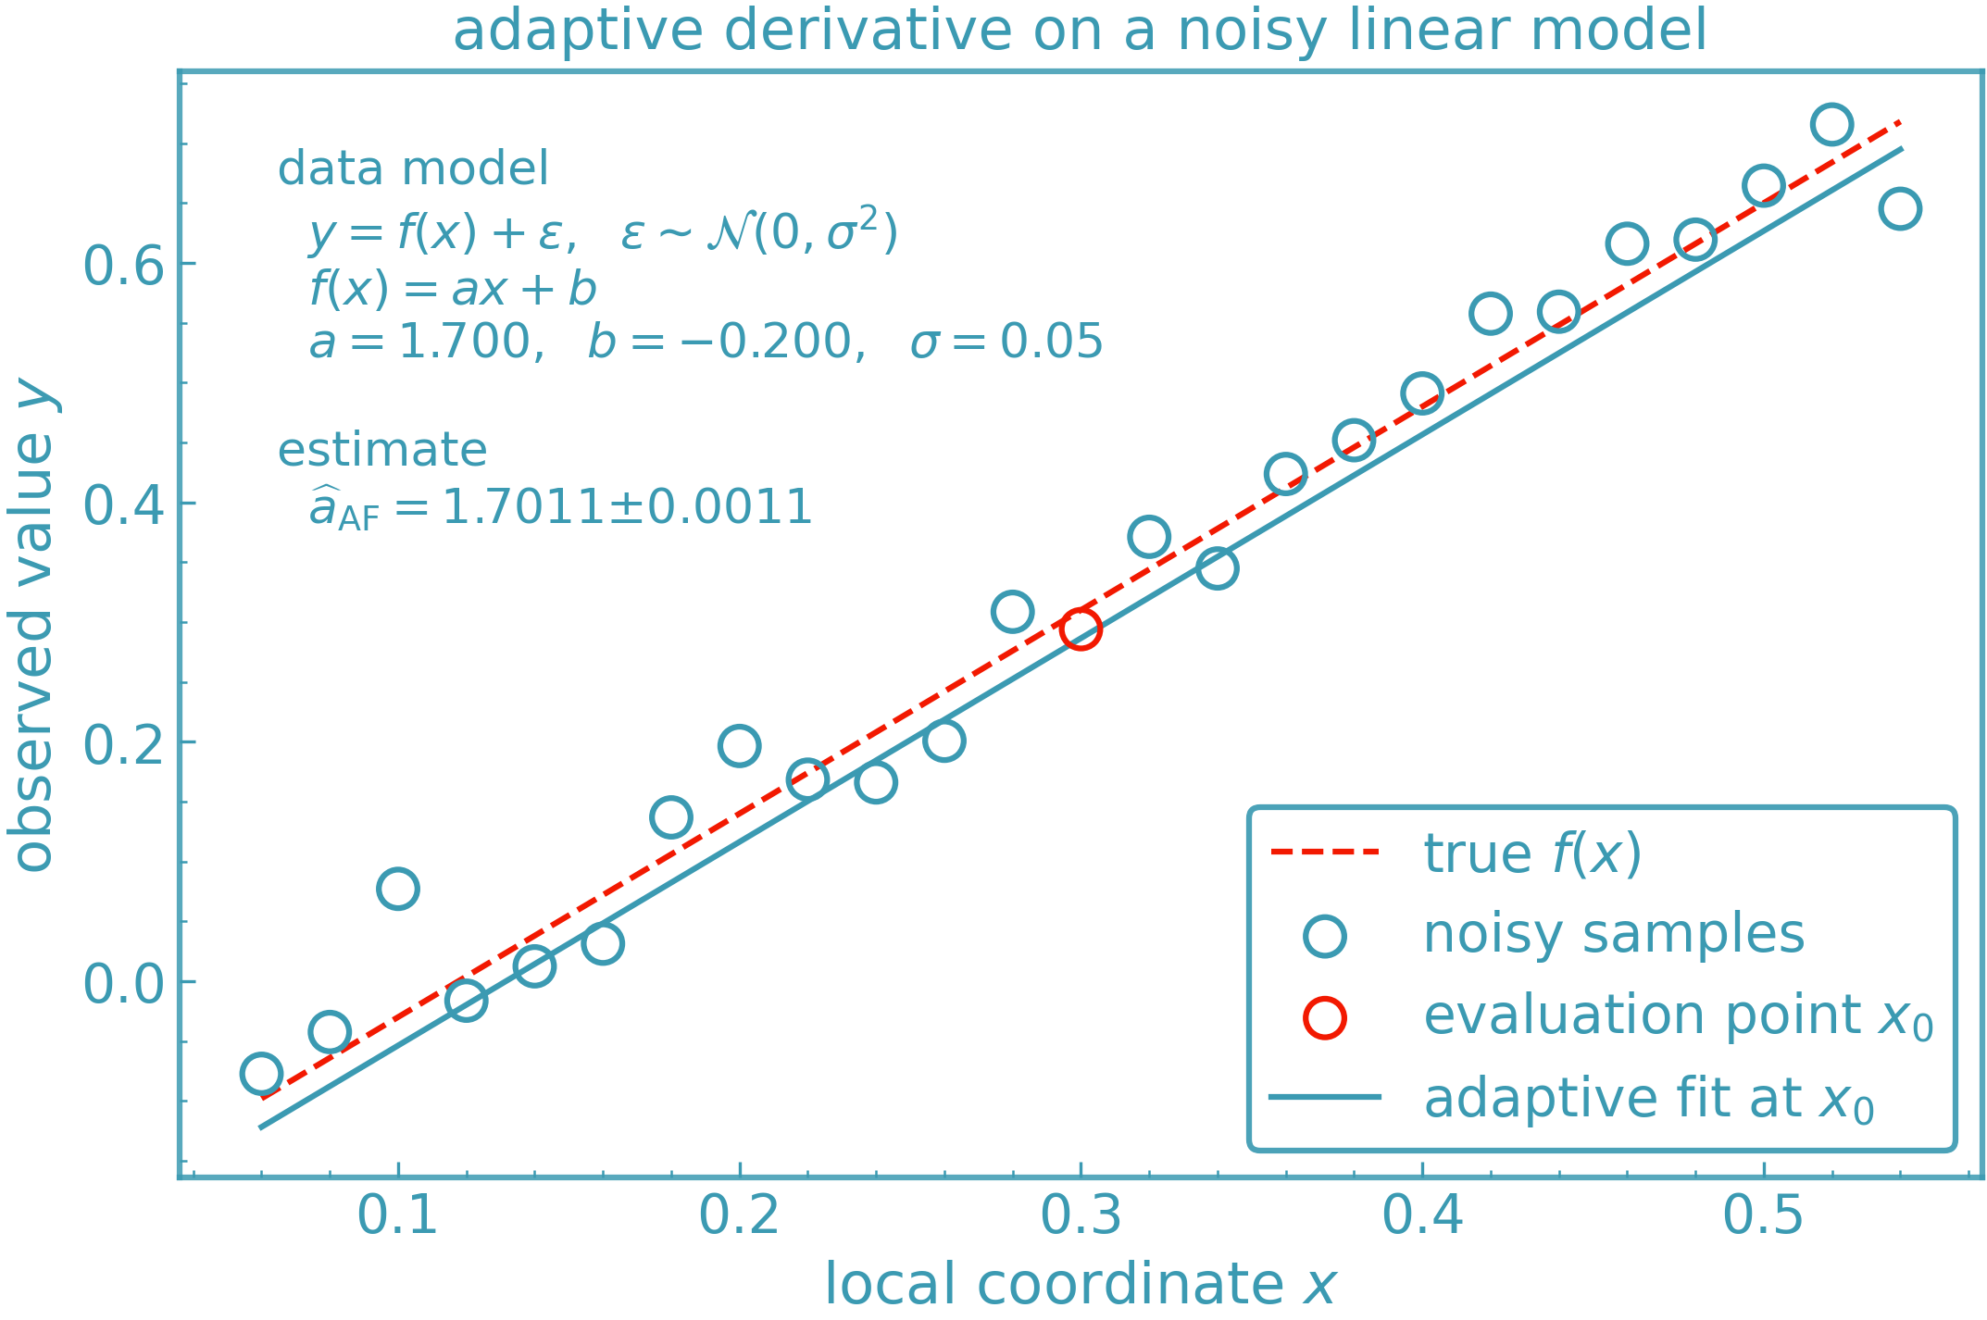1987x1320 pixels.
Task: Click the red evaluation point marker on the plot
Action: click(1081, 629)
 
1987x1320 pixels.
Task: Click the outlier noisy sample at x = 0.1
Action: click(398, 889)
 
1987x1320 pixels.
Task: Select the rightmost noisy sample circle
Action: click(1900, 208)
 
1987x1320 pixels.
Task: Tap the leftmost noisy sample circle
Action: click(261, 1074)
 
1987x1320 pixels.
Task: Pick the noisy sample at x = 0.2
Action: click(739, 745)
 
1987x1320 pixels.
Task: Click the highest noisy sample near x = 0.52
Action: click(1831, 124)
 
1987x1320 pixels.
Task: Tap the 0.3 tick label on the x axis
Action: click(1081, 1215)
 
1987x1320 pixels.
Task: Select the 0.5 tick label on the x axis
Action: click(1763, 1215)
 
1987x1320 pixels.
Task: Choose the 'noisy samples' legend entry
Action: click(1613, 933)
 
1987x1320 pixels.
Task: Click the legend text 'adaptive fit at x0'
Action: click(1648, 1099)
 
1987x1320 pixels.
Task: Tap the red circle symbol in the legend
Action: click(1325, 1017)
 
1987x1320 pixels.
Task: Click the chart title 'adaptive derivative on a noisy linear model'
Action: click(1080, 30)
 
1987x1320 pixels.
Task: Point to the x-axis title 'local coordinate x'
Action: click(1080, 1285)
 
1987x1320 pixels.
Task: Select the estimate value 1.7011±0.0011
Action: click(627, 507)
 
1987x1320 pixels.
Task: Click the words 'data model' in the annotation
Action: click(413, 168)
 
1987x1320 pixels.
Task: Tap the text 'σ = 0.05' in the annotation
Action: click(1006, 342)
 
